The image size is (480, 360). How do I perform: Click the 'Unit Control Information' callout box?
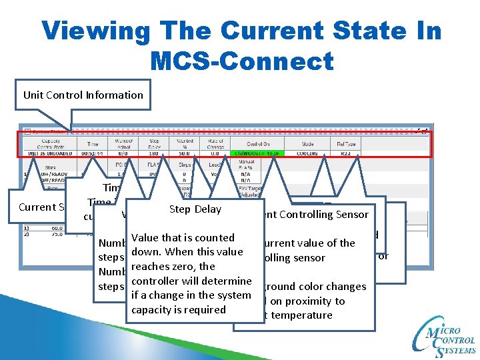(x=83, y=95)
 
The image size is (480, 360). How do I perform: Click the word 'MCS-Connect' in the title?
(x=241, y=61)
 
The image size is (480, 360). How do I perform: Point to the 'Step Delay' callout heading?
(x=195, y=209)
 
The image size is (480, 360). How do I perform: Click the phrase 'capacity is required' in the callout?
(x=179, y=310)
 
